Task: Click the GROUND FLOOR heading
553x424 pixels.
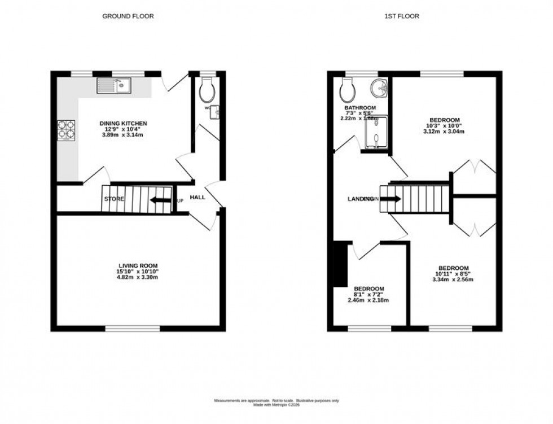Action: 128,16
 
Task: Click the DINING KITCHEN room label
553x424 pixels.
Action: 123,124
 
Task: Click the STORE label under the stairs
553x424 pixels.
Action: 114,199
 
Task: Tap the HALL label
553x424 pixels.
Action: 197,197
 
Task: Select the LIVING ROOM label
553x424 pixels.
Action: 138,265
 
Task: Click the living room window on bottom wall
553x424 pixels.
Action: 132,328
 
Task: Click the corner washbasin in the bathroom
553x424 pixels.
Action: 379,88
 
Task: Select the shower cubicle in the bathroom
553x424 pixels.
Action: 376,134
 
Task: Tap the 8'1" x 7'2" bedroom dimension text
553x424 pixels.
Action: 368,294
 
